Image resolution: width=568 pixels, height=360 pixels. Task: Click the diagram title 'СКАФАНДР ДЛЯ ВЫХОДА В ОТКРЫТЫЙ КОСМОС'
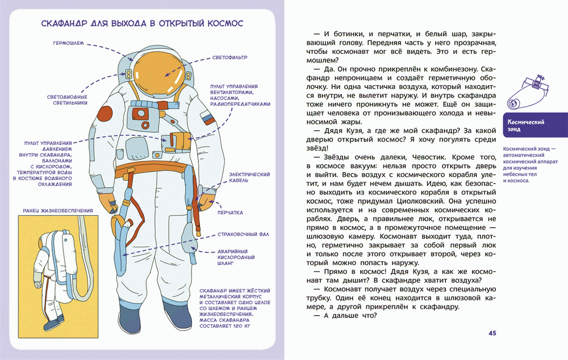(x=142, y=24)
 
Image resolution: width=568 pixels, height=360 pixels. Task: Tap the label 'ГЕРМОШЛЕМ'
(x=69, y=43)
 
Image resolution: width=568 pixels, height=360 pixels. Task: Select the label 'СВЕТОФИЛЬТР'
(x=225, y=58)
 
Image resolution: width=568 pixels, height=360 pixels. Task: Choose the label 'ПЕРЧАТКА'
(x=230, y=213)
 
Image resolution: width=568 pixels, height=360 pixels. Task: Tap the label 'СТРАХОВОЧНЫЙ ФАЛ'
(x=243, y=234)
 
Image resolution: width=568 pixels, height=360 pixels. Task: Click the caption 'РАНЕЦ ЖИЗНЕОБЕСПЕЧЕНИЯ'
(x=57, y=210)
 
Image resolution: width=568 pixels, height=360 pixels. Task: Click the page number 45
(x=492, y=333)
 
